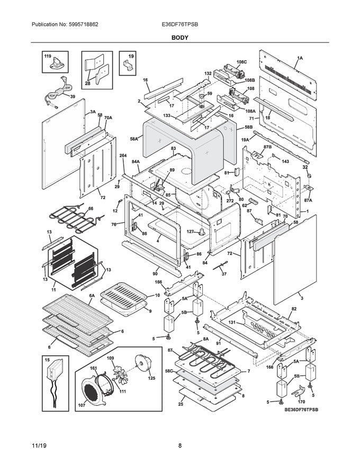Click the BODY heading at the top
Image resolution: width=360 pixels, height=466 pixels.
[x=179, y=38]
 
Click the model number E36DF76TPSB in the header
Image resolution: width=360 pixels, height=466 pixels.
[x=180, y=25]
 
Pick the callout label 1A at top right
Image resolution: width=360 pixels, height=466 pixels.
[x=300, y=58]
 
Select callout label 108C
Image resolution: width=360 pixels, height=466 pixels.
[x=241, y=62]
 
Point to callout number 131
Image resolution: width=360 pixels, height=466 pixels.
[x=232, y=321]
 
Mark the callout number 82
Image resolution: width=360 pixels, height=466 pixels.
[x=294, y=308]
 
